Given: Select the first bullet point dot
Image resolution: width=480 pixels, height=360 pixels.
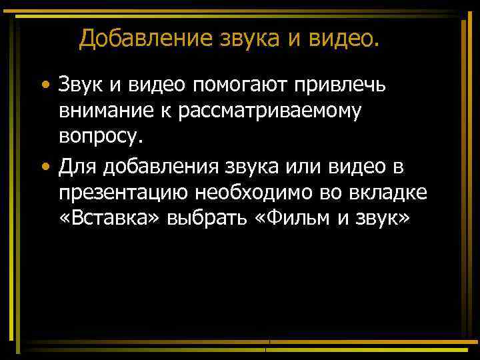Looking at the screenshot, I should pos(44,87).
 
